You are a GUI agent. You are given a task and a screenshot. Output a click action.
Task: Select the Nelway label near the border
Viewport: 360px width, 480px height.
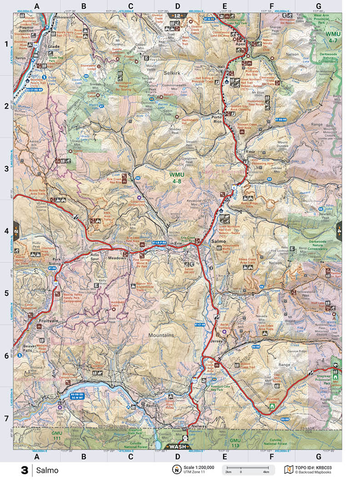coord(200,426)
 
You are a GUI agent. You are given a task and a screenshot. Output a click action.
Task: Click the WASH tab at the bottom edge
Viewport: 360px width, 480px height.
coord(178,446)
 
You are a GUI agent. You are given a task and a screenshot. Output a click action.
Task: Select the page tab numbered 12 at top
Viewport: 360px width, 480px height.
coord(178,15)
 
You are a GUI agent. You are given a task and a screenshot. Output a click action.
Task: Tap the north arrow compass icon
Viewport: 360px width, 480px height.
coord(175,470)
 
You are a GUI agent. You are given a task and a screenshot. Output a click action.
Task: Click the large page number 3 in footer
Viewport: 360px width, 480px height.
coord(24,470)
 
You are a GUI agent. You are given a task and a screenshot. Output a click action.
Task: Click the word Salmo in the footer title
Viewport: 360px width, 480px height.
coord(48,470)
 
